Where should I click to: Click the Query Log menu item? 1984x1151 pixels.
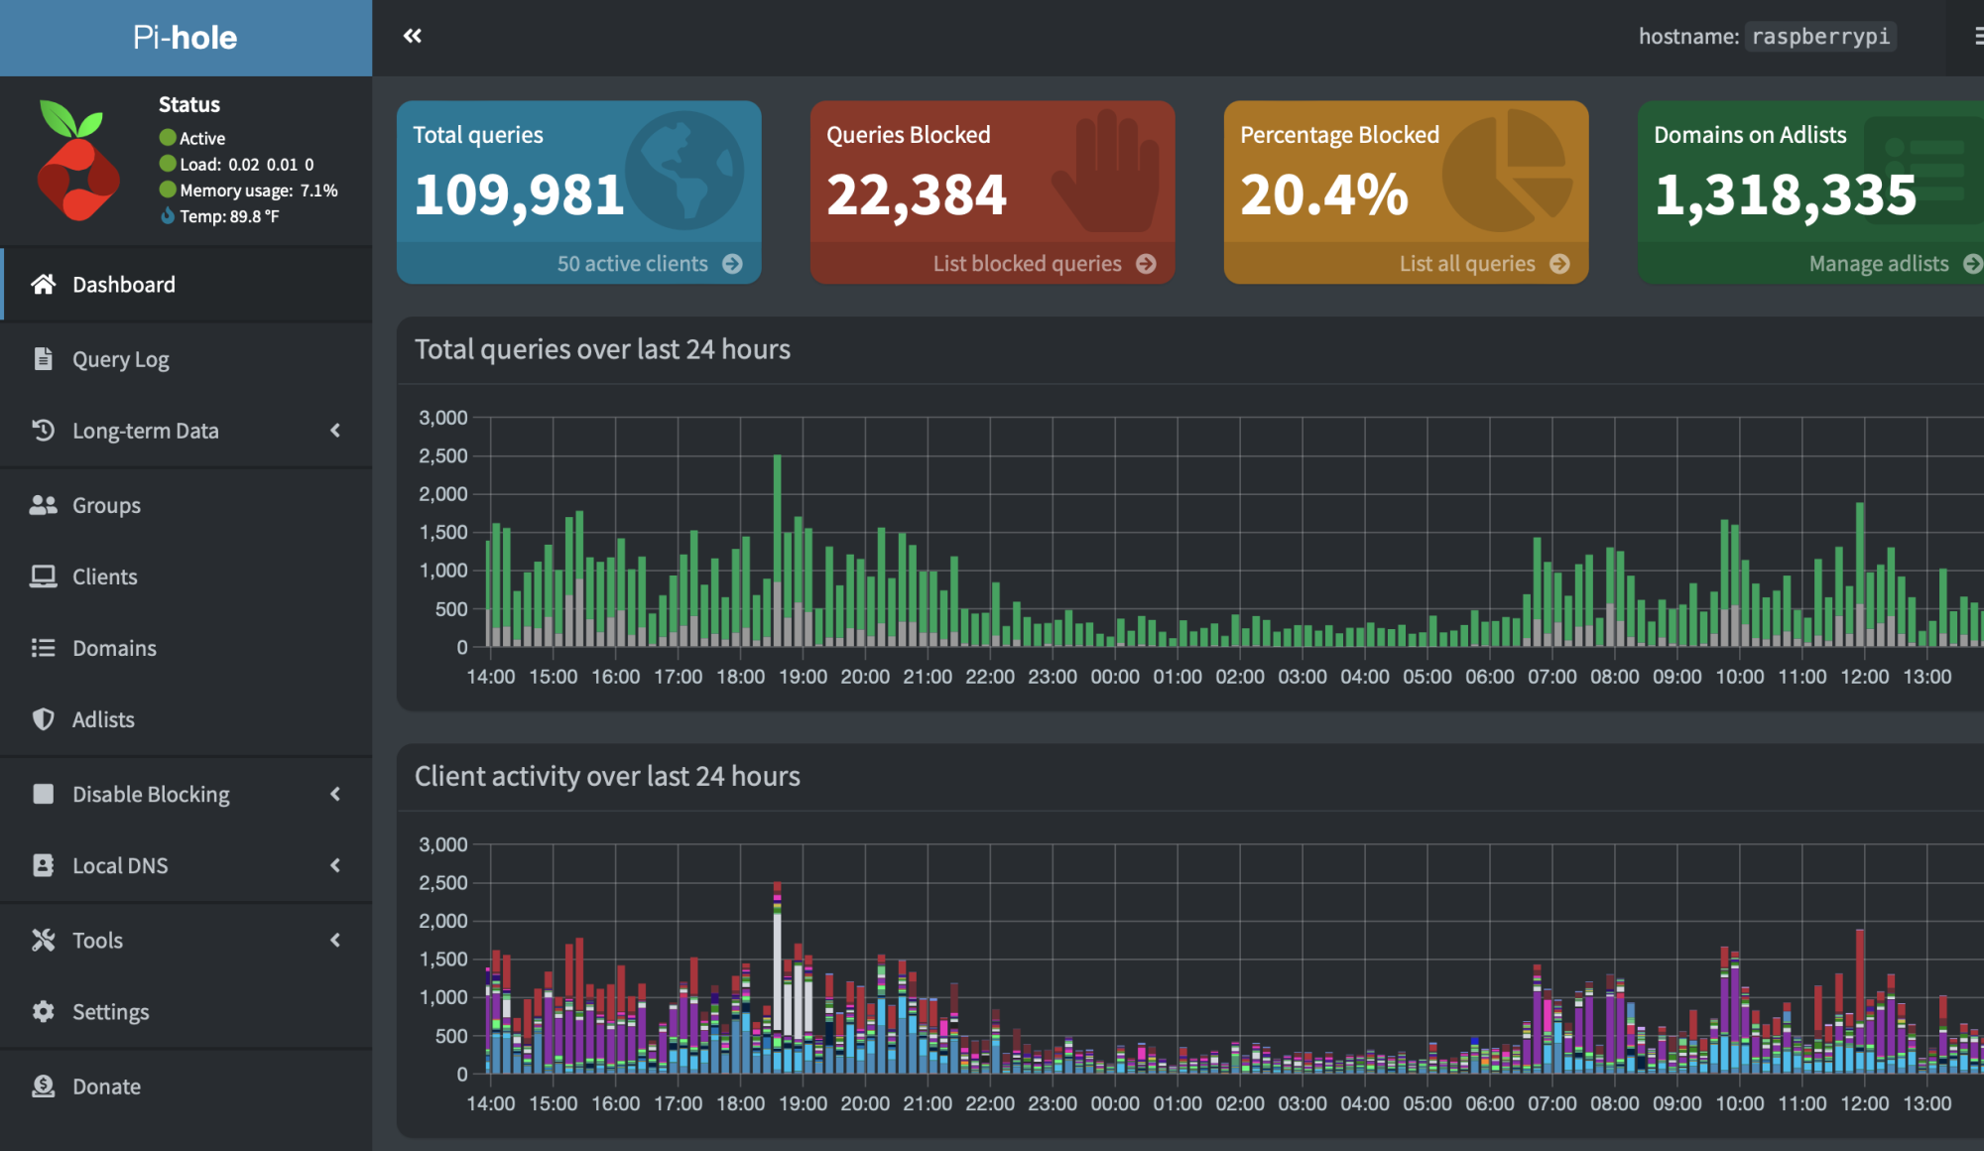coord(120,359)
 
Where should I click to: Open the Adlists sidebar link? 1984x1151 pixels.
coord(103,719)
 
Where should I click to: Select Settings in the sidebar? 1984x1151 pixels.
coord(110,1012)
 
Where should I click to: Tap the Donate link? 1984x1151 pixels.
coord(106,1087)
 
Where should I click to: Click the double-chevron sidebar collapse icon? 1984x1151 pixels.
coord(413,37)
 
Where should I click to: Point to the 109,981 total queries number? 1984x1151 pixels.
coord(519,194)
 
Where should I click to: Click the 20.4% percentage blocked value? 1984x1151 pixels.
coord(1324,194)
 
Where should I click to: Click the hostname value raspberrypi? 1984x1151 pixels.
coord(1820,37)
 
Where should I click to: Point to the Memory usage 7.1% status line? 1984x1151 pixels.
coord(258,191)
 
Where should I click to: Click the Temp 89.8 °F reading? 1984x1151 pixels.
coord(228,216)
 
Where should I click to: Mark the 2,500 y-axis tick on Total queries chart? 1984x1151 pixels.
coord(442,456)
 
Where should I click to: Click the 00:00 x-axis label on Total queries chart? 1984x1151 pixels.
coord(1115,677)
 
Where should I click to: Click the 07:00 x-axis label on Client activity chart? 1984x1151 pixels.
coord(1551,1103)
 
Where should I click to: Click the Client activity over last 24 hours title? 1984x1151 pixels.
coord(607,776)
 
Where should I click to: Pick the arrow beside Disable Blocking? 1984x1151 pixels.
coord(335,794)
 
